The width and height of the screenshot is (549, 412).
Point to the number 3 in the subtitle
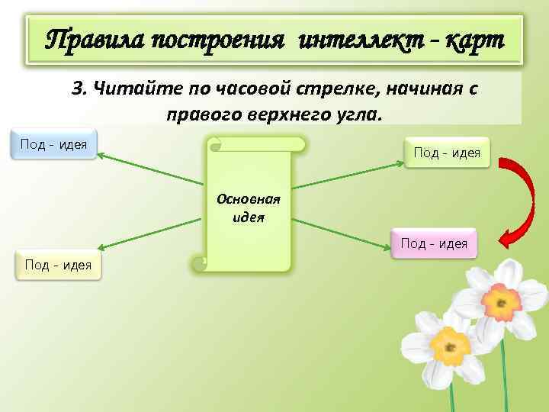[x=77, y=89]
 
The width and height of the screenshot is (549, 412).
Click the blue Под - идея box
[x=53, y=143]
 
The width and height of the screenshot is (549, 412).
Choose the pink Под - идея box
[x=434, y=243]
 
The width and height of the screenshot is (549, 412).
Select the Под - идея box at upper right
[x=447, y=153]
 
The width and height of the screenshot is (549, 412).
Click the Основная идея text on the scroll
[x=249, y=207]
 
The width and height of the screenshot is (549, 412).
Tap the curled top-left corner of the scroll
[x=216, y=143]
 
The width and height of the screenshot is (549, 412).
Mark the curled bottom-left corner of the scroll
[x=200, y=263]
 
